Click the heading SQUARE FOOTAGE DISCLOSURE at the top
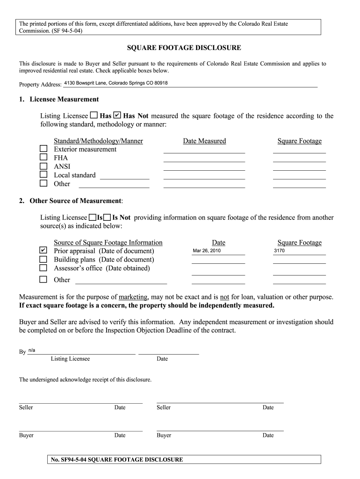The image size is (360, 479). click(184, 48)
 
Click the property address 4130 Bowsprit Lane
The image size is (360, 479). click(115, 83)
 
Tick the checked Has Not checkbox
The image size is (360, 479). click(117, 115)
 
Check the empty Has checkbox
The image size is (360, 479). click(94, 115)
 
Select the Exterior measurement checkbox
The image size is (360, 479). click(43, 149)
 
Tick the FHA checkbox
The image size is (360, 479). click(43, 158)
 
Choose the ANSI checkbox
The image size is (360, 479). click(43, 166)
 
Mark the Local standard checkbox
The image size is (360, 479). click(43, 174)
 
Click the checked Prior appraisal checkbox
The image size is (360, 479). click(43, 250)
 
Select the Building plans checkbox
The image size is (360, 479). click(43, 259)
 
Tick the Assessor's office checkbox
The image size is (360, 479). click(43, 268)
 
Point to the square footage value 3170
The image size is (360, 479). click(279, 251)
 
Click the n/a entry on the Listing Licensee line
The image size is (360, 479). click(32, 350)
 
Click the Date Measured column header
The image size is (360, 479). click(204, 141)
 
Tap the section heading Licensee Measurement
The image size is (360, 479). click(64, 99)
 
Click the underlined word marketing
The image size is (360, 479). click(133, 297)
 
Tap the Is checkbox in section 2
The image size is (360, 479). click(92, 217)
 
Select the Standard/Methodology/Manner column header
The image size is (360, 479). click(98, 141)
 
